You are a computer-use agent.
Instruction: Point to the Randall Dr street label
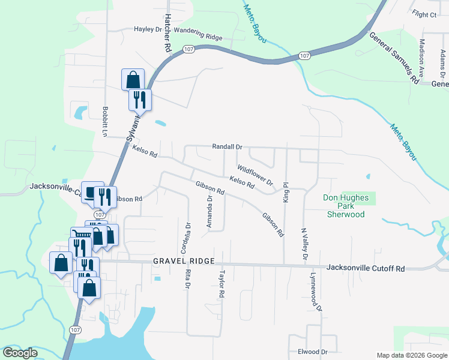(227, 146)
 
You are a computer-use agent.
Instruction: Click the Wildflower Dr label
(255, 175)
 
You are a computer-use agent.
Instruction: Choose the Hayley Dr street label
(148, 29)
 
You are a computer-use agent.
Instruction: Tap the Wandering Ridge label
(198, 37)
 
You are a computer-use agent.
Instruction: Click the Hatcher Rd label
(167, 32)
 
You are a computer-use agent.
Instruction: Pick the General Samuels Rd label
(393, 58)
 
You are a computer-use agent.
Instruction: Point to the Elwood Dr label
(310, 352)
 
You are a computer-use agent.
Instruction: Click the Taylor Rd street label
(221, 284)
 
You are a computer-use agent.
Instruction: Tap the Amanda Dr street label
(209, 211)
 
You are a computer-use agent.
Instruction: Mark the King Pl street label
(286, 192)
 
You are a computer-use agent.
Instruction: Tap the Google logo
(20, 353)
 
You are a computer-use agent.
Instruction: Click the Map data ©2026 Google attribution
(411, 355)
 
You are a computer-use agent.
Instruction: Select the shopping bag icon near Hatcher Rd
(133, 79)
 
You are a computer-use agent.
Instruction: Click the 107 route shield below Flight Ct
(304, 56)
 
